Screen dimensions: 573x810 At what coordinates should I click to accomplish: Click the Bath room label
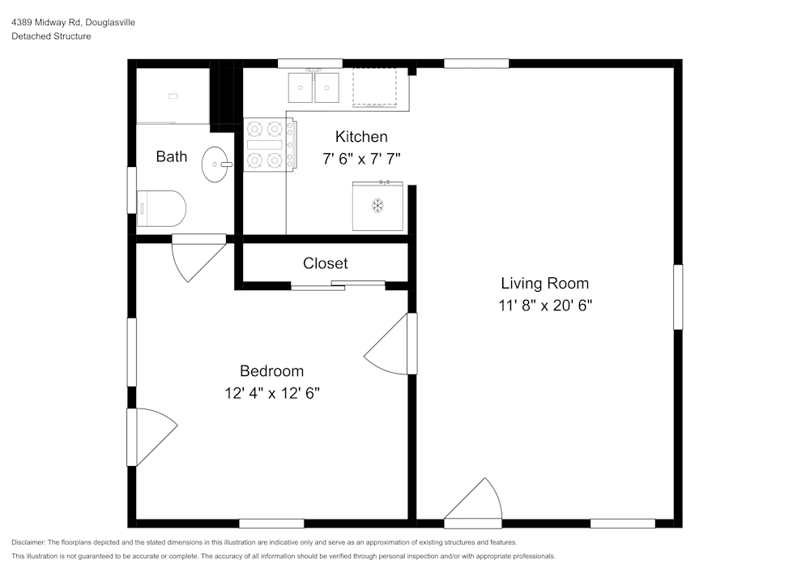(x=172, y=156)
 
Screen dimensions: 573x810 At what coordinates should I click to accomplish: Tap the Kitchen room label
(x=361, y=136)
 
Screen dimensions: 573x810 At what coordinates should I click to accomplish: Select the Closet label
(x=325, y=263)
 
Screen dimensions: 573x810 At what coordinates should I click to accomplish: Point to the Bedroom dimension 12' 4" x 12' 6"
(x=272, y=393)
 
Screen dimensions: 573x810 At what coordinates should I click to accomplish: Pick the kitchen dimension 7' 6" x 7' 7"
(x=361, y=159)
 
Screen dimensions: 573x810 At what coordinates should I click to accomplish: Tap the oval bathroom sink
(x=215, y=165)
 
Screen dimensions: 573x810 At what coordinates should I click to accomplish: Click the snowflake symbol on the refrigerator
(x=377, y=205)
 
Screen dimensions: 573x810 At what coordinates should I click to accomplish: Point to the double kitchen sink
(x=314, y=88)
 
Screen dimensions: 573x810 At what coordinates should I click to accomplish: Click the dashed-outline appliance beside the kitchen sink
(x=375, y=88)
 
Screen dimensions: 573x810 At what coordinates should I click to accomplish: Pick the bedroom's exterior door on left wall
(x=151, y=436)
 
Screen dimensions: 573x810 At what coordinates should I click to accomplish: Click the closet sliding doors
(x=338, y=284)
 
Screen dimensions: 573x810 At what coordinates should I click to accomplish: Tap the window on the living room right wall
(x=678, y=297)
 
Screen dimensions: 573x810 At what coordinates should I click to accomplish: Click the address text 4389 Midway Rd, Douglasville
(x=73, y=23)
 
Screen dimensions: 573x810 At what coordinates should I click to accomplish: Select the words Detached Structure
(x=51, y=36)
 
